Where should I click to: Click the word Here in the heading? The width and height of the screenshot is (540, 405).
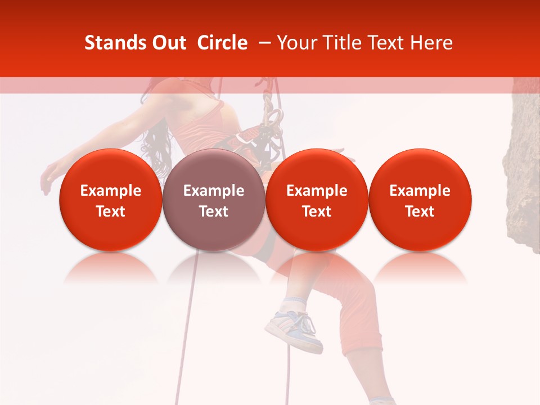tap(432, 43)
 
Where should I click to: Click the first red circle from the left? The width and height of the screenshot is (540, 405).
tap(110, 200)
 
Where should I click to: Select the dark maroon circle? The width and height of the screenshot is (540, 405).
tap(213, 200)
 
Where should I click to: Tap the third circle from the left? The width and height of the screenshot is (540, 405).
tap(317, 200)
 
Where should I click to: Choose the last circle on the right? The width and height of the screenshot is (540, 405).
tap(420, 200)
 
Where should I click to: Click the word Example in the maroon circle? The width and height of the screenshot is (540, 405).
tap(213, 191)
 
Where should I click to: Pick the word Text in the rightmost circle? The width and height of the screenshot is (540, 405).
tap(420, 211)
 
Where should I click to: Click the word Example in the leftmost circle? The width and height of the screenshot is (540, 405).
tap(110, 191)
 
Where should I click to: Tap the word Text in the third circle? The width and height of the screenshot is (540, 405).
tap(317, 211)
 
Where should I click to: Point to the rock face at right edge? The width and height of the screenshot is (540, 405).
tap(524, 169)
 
